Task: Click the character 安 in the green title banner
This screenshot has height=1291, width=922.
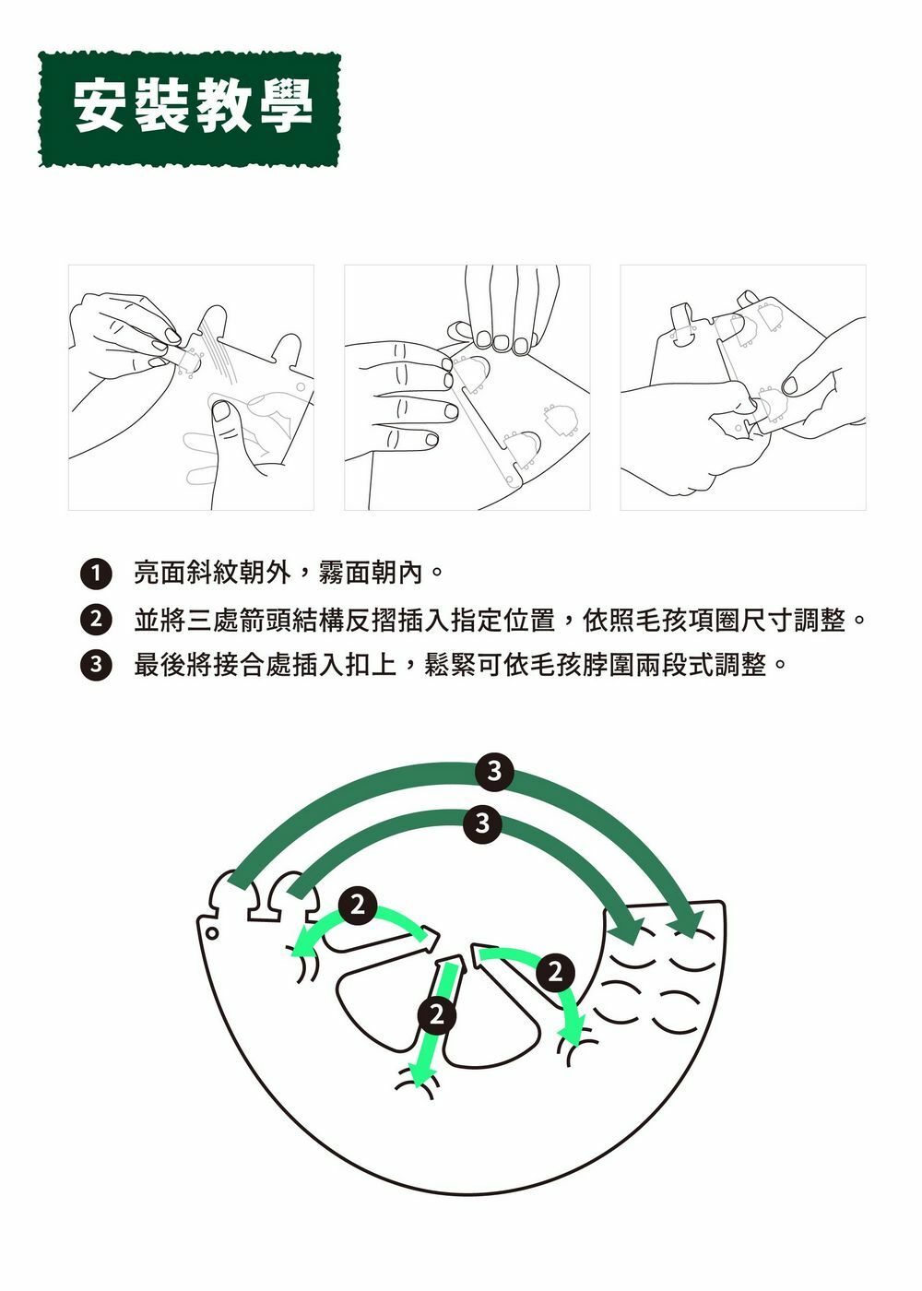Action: [102, 107]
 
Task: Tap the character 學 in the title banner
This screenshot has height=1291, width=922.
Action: [287, 107]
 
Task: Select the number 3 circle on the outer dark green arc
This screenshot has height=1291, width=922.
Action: [494, 770]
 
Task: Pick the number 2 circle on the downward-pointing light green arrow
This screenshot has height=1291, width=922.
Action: [436, 1015]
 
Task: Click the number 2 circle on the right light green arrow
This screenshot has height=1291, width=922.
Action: [553, 972]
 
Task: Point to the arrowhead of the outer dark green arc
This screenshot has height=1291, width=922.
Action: [687, 922]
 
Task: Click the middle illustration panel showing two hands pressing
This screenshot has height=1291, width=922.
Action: [467, 387]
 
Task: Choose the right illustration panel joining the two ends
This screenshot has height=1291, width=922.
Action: [742, 387]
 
